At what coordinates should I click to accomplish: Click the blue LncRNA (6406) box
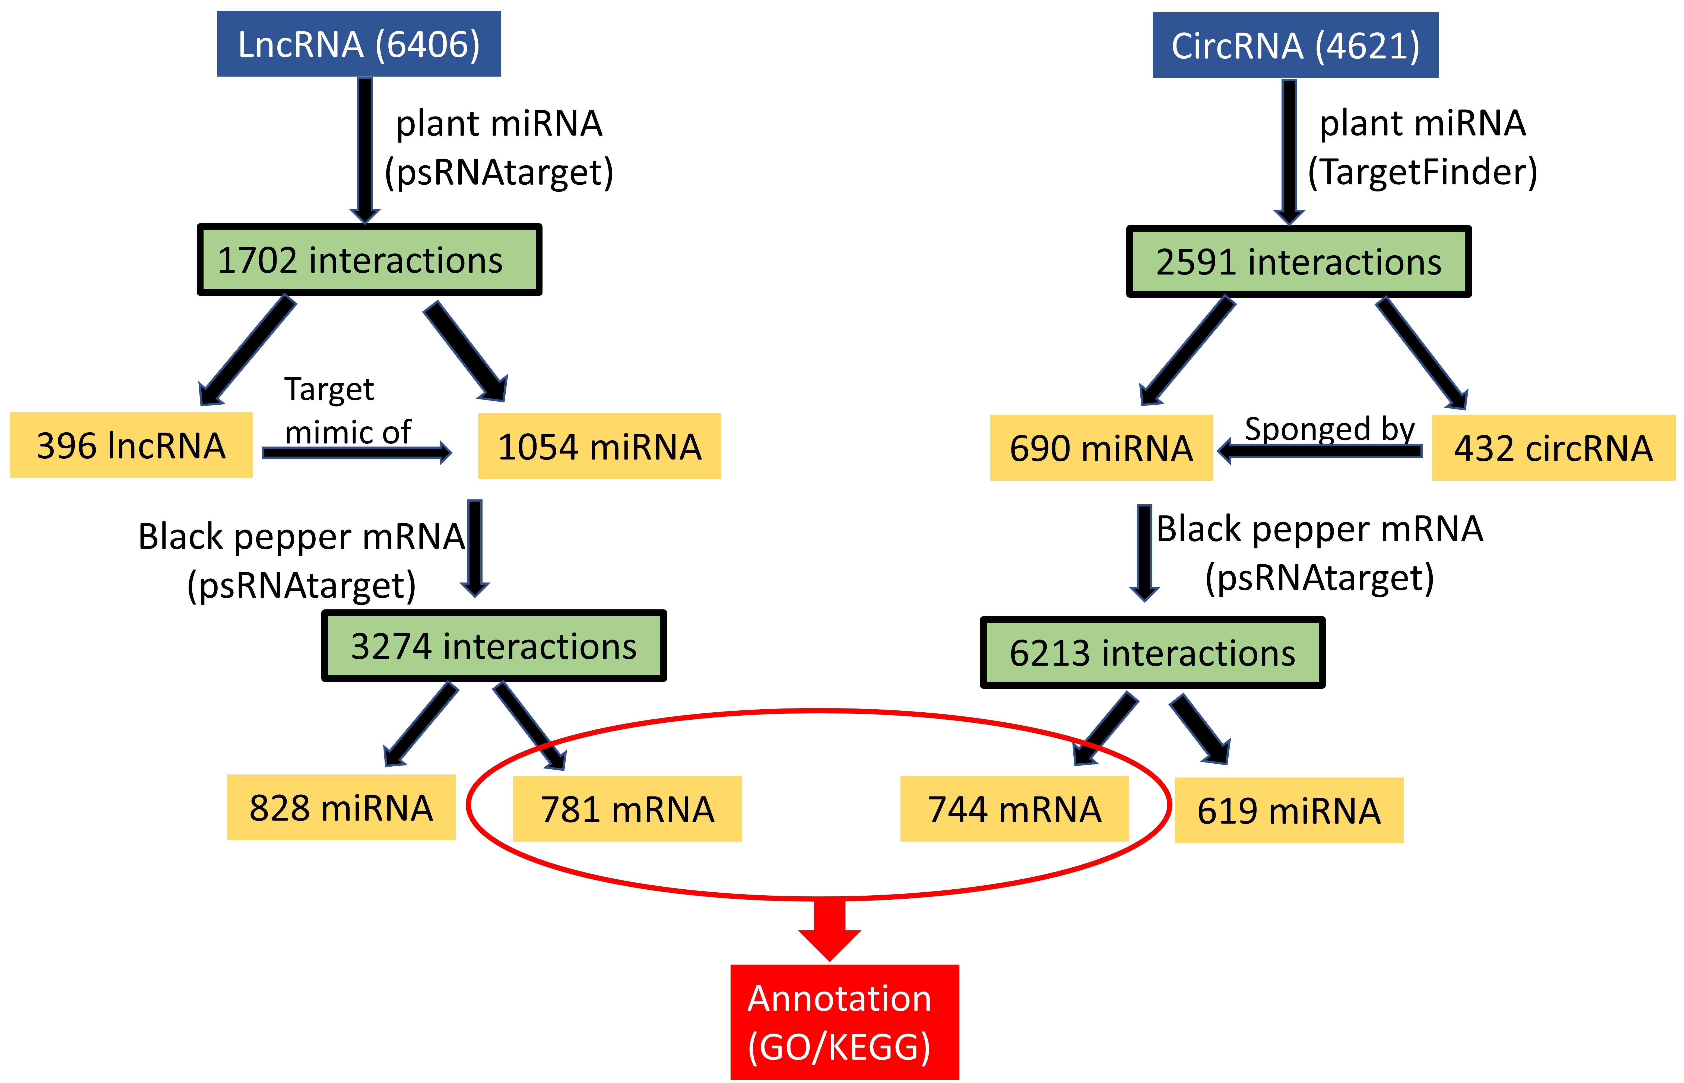point(359,44)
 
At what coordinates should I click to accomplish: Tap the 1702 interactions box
point(369,260)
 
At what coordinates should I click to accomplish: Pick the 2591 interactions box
point(1298,262)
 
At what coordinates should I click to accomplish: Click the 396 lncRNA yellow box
point(131,445)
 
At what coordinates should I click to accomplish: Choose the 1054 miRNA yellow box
point(599,446)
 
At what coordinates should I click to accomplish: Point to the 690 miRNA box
point(1101,448)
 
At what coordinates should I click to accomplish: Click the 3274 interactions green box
point(493,646)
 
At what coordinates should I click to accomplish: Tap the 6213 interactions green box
point(1152,653)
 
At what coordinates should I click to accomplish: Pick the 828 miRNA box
point(341,807)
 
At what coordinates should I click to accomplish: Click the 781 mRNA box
point(627,809)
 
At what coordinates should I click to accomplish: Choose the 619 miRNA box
point(1288,810)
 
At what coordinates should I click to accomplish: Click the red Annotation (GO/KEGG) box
point(844,1022)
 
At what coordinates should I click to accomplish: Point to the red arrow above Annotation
point(829,928)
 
